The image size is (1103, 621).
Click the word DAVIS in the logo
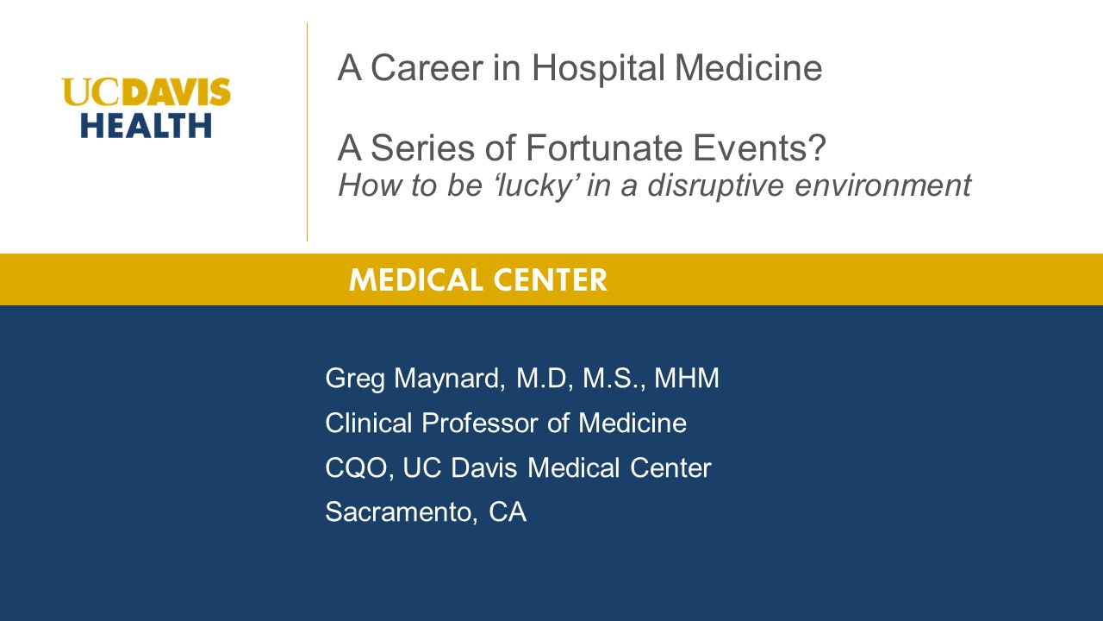point(177,91)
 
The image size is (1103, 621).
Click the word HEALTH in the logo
point(146,125)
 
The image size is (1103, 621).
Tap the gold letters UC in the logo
point(91,91)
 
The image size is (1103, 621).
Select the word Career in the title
point(427,68)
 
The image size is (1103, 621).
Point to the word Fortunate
point(604,147)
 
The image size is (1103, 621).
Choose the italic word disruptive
point(715,185)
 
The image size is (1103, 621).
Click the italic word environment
point(883,185)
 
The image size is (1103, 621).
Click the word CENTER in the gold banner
point(551,280)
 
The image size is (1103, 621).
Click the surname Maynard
point(450,379)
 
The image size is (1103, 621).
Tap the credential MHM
point(687,378)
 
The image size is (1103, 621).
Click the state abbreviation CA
point(508,512)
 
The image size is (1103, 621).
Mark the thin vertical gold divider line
point(308,132)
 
